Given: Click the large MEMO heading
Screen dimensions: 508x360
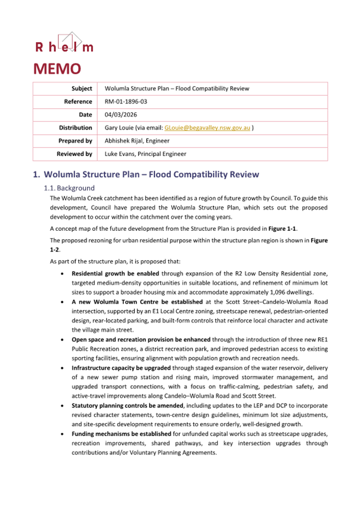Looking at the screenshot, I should (x=57, y=69).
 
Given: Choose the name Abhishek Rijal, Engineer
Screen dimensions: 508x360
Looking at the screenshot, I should (x=137, y=141).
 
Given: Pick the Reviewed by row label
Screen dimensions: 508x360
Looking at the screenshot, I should (x=74, y=154).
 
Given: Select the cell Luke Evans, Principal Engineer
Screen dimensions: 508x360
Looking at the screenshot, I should (x=146, y=154).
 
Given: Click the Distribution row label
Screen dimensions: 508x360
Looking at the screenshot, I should (x=76, y=128).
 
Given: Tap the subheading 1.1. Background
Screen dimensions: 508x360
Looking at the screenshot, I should (x=69, y=188).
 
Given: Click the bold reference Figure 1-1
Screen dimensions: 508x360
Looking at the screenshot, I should (x=298, y=229).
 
